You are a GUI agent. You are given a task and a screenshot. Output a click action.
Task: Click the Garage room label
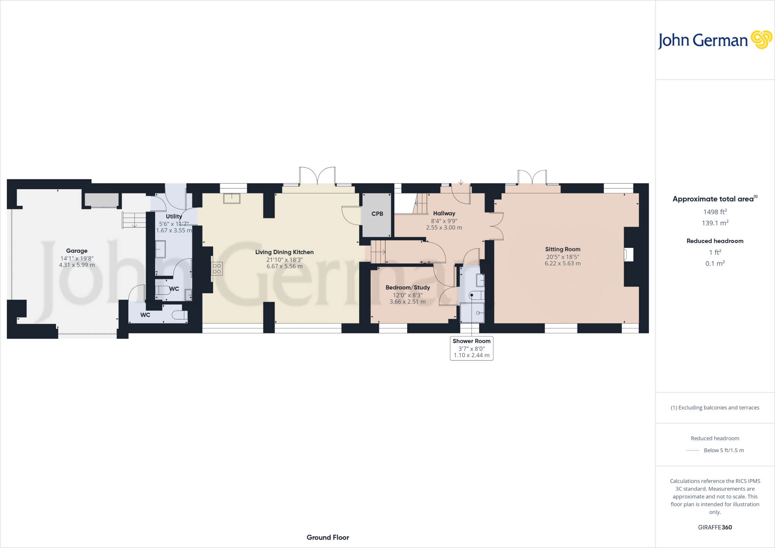coord(76,251)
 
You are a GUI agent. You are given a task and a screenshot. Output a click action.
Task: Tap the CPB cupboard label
coord(377,214)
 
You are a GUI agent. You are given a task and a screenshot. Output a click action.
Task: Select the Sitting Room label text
coord(562,249)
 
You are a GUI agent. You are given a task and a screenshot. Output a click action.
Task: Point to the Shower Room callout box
coord(471,348)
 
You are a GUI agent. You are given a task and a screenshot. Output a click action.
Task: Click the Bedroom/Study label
coord(408,288)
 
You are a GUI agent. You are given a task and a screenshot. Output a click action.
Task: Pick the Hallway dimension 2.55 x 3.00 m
coord(444,228)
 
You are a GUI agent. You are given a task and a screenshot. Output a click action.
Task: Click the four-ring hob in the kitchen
coord(217,269)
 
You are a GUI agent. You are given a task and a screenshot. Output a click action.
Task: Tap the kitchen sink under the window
coord(232,198)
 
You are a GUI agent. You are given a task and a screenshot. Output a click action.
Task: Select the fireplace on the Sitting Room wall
coord(628,254)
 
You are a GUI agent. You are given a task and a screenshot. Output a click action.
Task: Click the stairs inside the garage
coord(134,220)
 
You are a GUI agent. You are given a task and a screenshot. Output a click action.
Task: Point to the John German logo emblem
coord(761,40)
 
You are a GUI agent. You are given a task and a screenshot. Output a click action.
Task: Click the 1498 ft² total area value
coord(714,212)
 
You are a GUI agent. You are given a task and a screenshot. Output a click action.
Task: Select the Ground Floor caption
coord(328,537)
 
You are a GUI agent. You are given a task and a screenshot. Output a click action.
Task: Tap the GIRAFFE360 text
coord(714,527)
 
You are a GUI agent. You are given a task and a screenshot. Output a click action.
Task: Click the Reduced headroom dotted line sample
coord(693,451)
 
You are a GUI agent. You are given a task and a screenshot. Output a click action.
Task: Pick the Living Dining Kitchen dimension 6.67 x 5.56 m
coord(284,266)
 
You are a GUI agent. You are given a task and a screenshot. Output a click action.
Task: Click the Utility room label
coord(174,216)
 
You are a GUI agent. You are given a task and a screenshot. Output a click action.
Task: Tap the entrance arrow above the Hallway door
coord(461,182)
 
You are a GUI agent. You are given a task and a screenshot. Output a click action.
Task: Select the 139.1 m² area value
coord(714,223)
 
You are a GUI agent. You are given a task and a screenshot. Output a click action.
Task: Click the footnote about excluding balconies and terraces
coord(714,408)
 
